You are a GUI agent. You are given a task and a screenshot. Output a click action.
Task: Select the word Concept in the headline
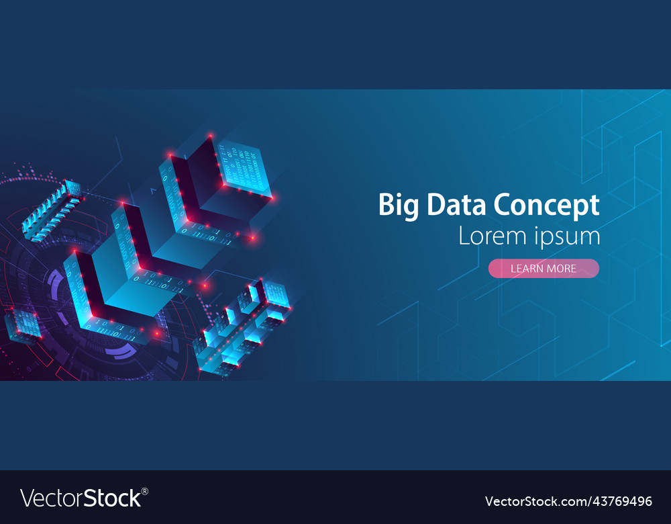[546, 206]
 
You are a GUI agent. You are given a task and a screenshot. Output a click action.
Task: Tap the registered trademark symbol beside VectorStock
[145, 491]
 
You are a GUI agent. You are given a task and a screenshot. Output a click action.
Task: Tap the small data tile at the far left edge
[22, 324]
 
